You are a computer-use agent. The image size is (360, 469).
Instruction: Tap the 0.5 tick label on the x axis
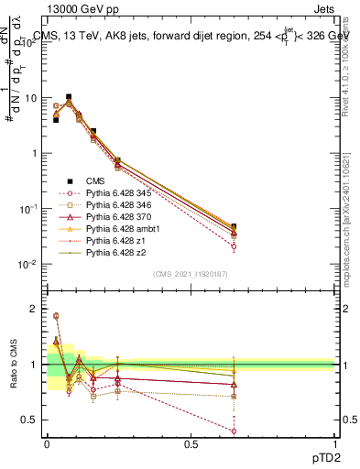tap(190, 443)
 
